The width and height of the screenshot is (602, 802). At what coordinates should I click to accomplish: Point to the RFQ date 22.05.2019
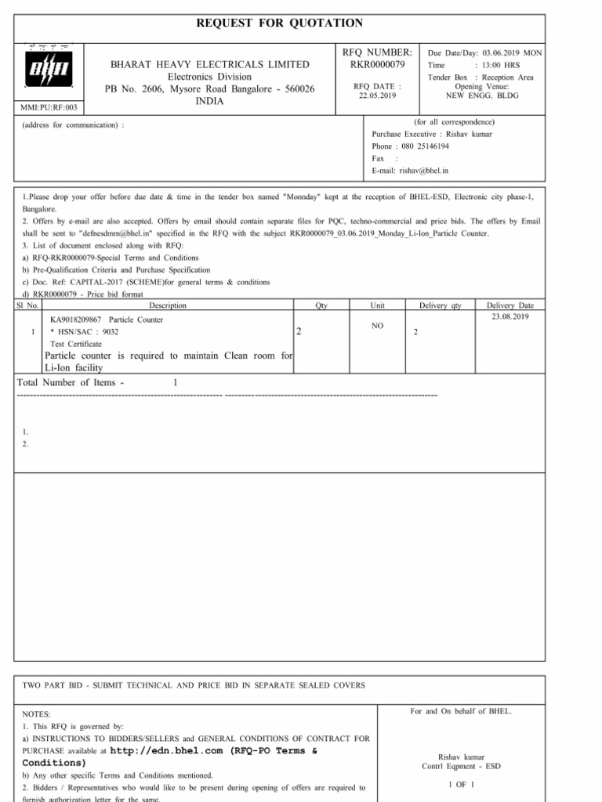[378, 95]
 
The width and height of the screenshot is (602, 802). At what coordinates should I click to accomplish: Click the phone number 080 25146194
[422, 146]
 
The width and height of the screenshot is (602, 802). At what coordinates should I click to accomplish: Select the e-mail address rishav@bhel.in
[424, 170]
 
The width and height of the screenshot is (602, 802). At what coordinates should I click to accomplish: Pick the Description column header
[167, 305]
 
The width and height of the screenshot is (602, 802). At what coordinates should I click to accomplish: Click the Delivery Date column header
[510, 305]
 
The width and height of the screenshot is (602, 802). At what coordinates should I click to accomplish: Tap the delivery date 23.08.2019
[510, 316]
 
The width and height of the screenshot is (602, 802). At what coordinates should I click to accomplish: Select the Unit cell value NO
[377, 325]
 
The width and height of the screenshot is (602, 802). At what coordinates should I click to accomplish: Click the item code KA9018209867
[76, 320]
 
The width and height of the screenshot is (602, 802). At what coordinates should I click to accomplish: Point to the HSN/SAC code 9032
[111, 332]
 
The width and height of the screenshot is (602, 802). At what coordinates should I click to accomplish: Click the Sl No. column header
[27, 305]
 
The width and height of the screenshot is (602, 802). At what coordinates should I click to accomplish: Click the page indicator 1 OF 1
[460, 784]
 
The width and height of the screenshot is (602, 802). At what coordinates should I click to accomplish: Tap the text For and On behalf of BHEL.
[460, 711]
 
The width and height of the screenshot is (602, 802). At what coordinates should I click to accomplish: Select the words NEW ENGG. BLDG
[482, 95]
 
